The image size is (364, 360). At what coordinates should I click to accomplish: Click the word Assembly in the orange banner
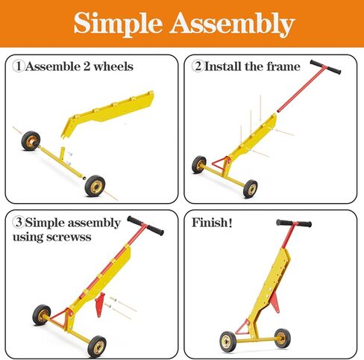pos(232,24)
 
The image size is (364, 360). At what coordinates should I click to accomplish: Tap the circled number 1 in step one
pos(19,66)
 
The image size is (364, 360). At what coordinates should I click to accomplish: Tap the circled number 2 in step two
pos(198,66)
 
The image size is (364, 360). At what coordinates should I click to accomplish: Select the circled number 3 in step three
pos(19,223)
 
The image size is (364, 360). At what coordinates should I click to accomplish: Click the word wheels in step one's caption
pos(114,66)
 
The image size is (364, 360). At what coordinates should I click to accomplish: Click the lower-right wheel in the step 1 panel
pos(95,186)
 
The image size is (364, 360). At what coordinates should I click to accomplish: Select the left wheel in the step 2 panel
pos(198,164)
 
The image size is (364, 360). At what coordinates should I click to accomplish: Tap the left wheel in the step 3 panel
pos(42,314)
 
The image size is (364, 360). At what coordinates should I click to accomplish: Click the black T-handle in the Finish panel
pos(294,223)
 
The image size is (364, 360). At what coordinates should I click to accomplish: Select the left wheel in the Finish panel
pos(228,341)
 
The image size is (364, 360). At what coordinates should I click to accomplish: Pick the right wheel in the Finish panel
pos(280,338)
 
